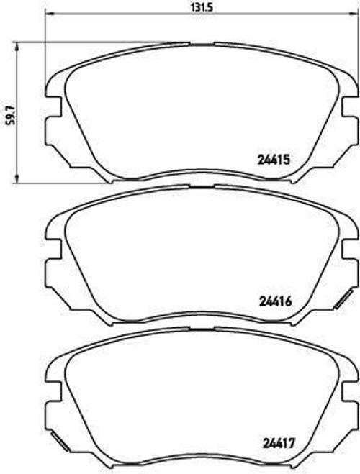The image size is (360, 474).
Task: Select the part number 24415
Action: point(274,162)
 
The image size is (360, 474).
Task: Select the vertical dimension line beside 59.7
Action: point(17,111)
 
